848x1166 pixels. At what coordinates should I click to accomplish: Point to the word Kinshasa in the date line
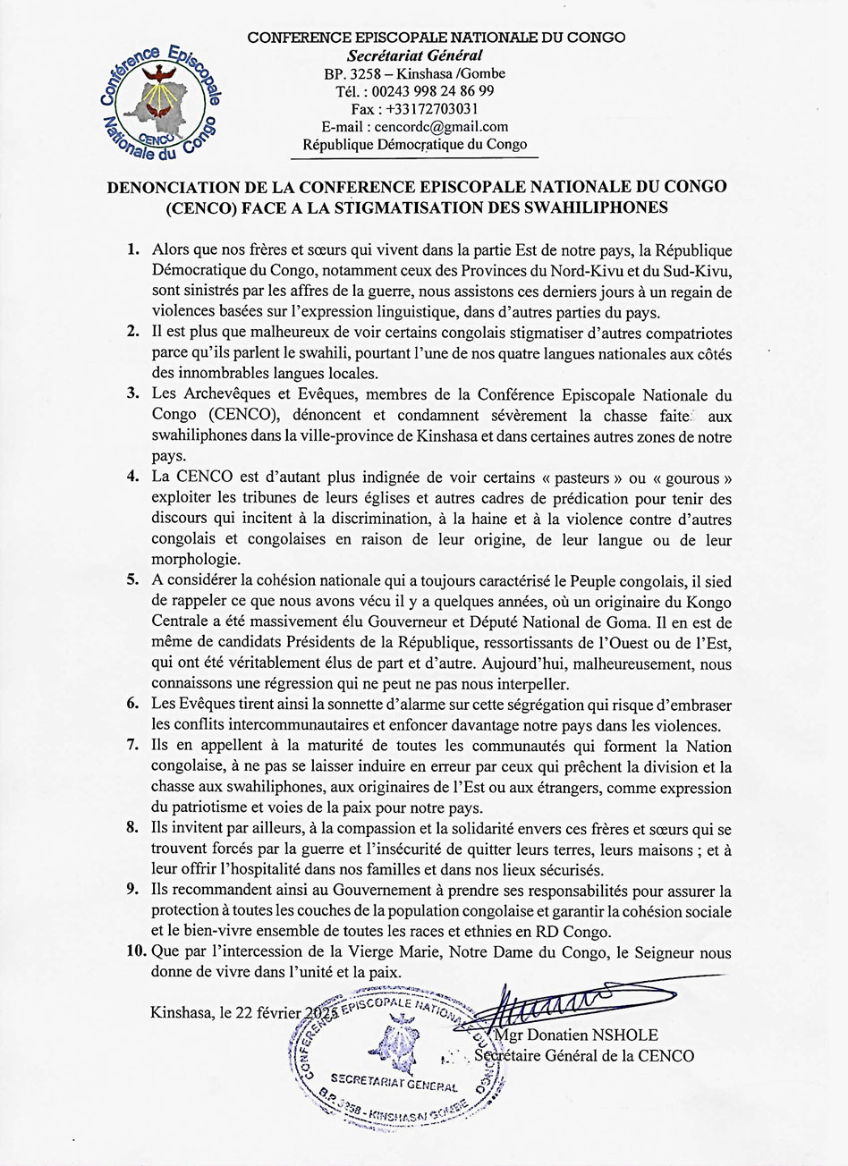tap(182, 1013)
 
